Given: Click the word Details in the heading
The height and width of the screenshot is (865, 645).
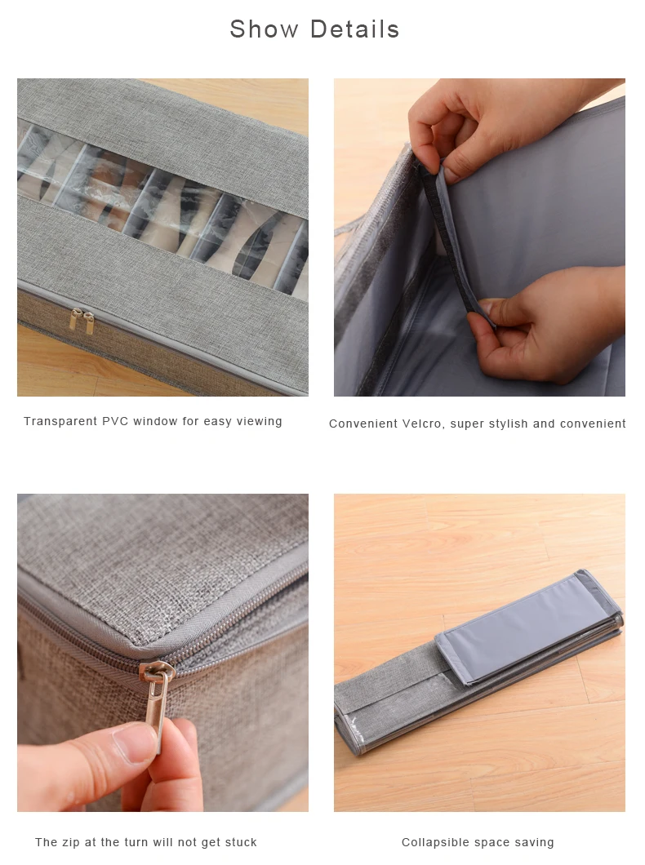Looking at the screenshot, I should tap(354, 29).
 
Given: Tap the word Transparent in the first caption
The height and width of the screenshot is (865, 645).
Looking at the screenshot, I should tap(61, 421).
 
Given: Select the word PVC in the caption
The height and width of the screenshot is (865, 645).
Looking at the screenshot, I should tap(117, 421).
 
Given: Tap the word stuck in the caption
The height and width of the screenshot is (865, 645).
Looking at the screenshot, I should tap(240, 842).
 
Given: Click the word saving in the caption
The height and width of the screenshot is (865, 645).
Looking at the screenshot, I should tap(535, 842).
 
